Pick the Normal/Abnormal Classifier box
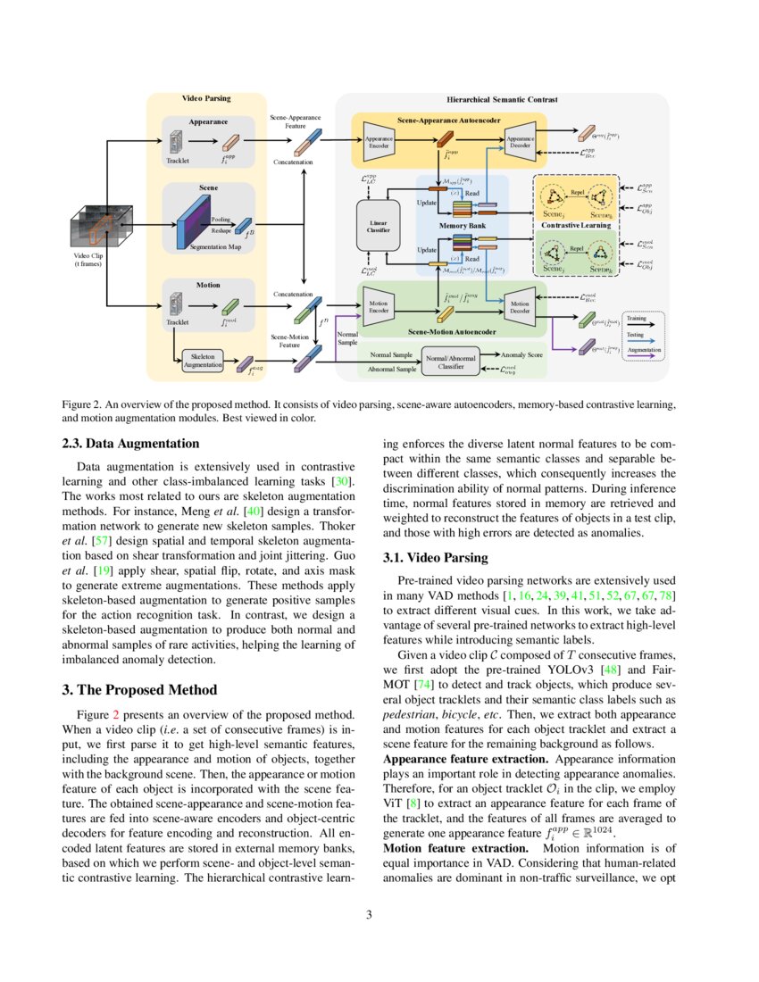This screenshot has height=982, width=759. [451, 361]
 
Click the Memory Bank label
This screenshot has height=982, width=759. [462, 227]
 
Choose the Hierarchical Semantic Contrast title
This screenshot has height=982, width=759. [502, 99]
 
